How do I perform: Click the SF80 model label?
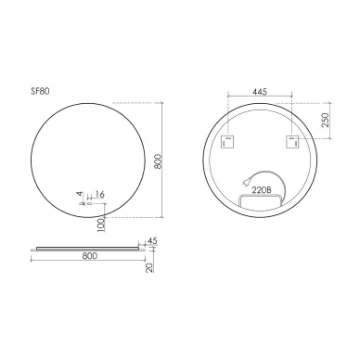tap(40, 92)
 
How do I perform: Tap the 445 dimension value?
tap(259, 92)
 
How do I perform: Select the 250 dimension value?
tap(325, 120)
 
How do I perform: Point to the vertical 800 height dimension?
tap(158, 161)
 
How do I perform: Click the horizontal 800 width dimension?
tap(90, 256)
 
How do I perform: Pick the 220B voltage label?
tap(261, 190)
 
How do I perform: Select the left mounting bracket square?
tap(227, 142)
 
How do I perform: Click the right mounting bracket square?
tap(292, 142)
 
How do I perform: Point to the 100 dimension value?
tap(101, 225)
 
